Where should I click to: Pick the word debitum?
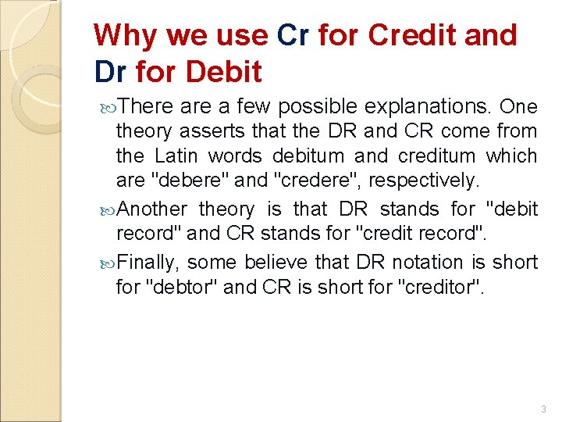[x=296, y=156]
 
